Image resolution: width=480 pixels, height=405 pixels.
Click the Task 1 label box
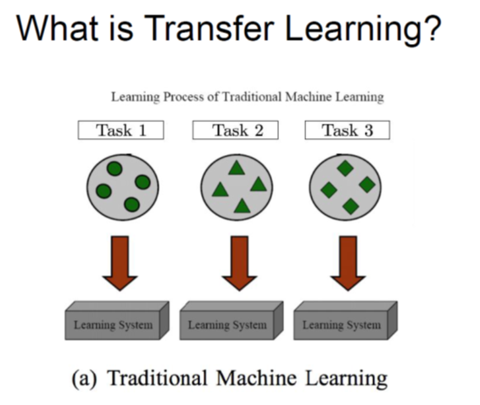[x=121, y=130]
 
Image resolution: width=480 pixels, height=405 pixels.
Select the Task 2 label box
[x=236, y=130]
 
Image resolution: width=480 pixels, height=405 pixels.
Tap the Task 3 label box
[x=348, y=130]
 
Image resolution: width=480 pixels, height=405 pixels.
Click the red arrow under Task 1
[x=120, y=263]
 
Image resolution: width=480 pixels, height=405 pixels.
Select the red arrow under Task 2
[x=239, y=263]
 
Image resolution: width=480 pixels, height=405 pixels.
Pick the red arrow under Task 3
[x=348, y=263]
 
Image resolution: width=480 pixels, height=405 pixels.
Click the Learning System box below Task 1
[x=117, y=320]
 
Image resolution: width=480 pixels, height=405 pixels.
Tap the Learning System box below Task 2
[x=232, y=320]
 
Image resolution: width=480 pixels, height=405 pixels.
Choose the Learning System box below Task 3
[x=346, y=320]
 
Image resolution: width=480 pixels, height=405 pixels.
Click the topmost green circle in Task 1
[x=114, y=169]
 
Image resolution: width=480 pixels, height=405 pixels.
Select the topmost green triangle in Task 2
[x=237, y=168]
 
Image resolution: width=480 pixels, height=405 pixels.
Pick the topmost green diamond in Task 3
[x=345, y=168]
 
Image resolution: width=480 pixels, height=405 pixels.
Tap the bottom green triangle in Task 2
[x=243, y=206]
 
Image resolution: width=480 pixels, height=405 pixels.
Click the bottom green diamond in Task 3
[x=350, y=206]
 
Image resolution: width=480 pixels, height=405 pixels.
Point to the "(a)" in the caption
[x=84, y=379]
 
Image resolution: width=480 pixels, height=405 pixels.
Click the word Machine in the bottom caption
[x=256, y=378]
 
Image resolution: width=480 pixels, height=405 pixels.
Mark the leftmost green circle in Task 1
[x=103, y=191]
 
